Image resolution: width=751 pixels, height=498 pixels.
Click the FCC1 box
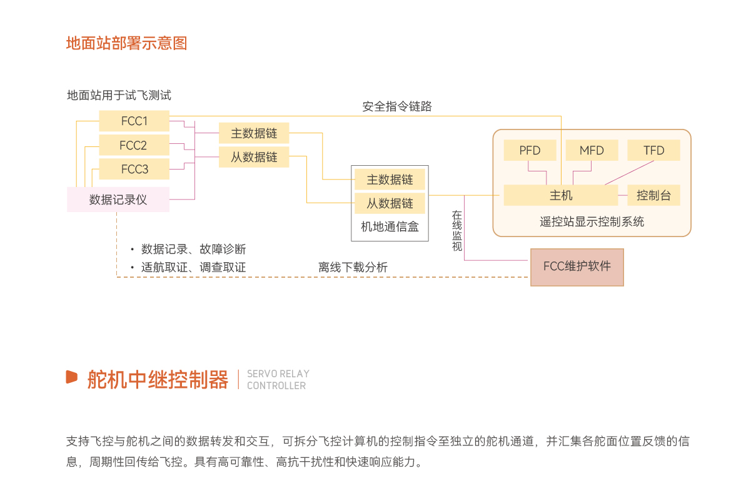[134, 121]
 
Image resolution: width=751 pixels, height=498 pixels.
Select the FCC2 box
[134, 145]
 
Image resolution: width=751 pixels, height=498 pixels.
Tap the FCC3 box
[134, 169]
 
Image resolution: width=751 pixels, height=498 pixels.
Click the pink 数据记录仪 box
[118, 199]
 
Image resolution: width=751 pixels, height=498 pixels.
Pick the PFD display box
[530, 150]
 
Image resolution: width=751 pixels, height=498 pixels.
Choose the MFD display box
[592, 150]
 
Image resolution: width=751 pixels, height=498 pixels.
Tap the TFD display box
[654, 150]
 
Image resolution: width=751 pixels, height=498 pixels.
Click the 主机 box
[561, 195]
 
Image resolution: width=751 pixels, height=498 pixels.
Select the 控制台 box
[654, 195]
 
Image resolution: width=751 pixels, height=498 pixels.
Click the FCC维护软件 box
[577, 267]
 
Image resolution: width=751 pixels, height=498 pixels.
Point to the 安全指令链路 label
[397, 106]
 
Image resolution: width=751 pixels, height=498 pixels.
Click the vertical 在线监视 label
[457, 231]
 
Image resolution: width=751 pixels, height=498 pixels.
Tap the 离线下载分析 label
[353, 267]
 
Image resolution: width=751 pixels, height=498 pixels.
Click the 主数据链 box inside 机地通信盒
[390, 180]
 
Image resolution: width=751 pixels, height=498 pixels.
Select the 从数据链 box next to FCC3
[254, 157]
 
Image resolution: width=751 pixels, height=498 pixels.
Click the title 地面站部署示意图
[127, 44]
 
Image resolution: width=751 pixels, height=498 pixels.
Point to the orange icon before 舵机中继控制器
[72, 377]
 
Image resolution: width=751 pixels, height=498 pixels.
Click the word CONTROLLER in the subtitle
[276, 385]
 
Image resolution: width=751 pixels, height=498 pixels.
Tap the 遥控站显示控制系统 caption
[592, 221]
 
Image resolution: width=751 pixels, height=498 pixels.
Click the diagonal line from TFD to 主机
[629, 173]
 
